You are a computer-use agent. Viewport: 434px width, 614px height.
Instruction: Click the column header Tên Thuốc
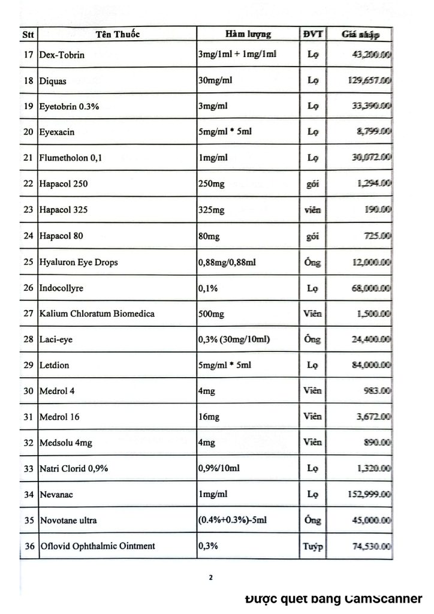click(117, 34)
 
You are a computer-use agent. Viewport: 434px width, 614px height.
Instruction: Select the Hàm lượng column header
click(248, 34)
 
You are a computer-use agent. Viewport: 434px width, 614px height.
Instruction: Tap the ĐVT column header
click(313, 34)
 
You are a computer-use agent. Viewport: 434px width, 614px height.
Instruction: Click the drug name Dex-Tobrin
click(62, 55)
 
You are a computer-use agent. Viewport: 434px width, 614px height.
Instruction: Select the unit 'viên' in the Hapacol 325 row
click(313, 210)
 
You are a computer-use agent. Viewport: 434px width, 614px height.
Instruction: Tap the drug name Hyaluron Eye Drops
click(78, 262)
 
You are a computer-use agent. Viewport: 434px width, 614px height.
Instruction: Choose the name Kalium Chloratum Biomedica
click(97, 314)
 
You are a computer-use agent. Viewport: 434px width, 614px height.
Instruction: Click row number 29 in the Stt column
click(28, 366)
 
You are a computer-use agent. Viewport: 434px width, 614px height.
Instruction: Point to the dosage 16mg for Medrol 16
click(207, 418)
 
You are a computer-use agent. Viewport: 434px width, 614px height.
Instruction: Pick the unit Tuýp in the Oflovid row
click(313, 547)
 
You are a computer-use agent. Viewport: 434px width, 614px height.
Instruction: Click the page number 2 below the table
click(210, 577)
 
